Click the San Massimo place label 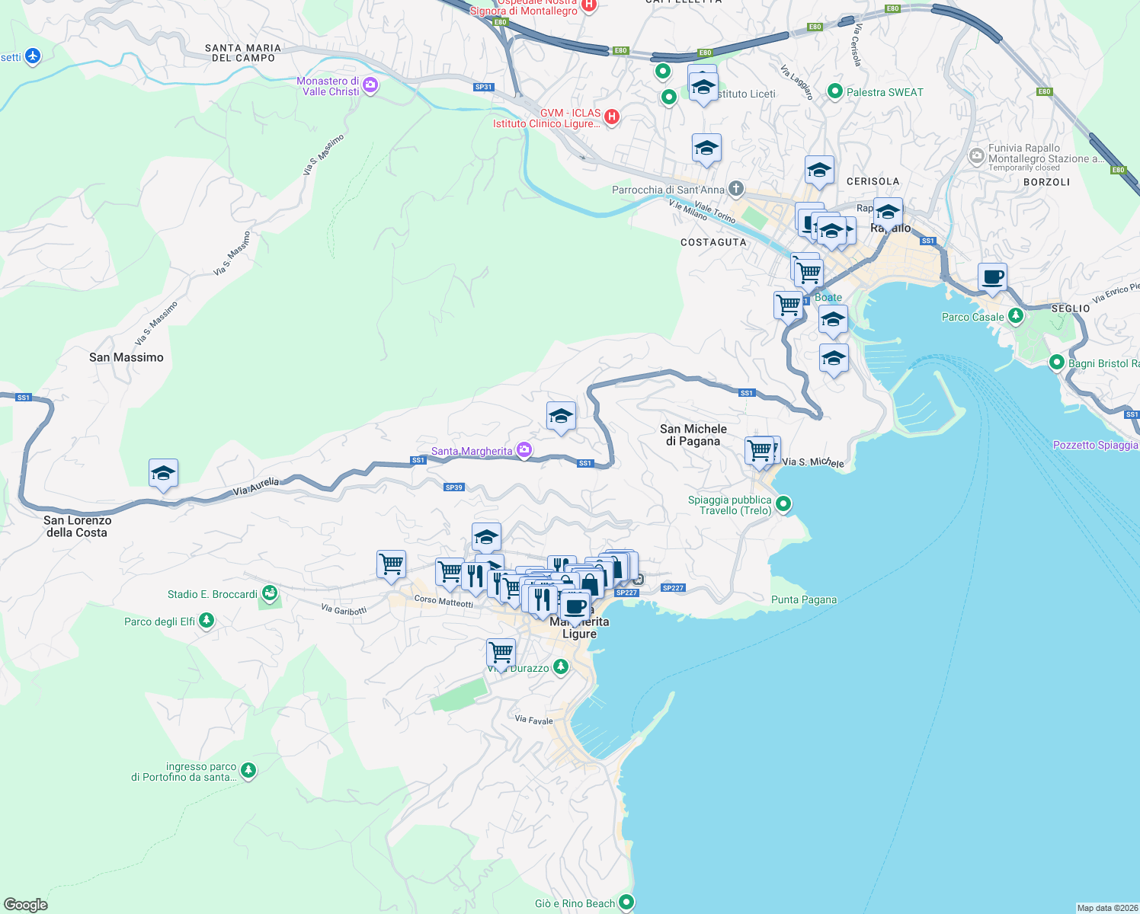coord(126,357)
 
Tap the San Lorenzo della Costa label coord(77,526)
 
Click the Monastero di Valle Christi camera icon coord(370,85)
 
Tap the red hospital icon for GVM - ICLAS coord(611,117)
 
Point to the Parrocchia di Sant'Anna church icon coord(735,188)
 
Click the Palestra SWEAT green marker coord(834,91)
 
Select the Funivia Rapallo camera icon coord(976,156)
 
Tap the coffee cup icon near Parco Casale coord(992,278)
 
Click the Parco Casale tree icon coord(1015,316)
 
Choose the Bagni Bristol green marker coord(1056,363)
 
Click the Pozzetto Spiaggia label coord(1095,445)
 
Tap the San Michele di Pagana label coord(693,435)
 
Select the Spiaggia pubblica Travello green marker coord(783,504)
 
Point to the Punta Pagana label coord(803,599)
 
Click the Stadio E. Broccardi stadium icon coord(269,593)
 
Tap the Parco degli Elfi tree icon coord(206,621)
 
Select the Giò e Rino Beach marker coord(626,902)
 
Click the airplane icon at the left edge coord(32,56)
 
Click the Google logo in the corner coord(26,904)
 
